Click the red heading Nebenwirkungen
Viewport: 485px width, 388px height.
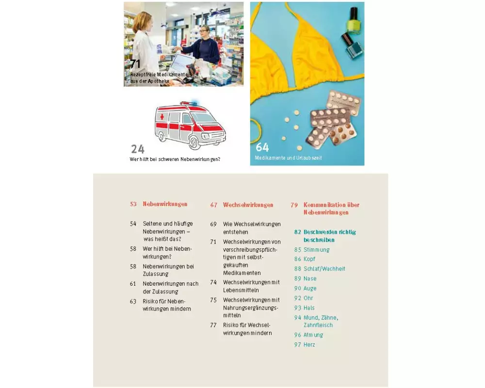tap(165, 204)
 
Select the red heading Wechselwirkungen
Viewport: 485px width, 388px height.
tap(248, 205)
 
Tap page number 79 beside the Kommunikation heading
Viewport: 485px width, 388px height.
tap(294, 205)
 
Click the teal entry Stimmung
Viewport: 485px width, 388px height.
tap(316, 250)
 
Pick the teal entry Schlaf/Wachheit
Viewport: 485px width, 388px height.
tap(324, 269)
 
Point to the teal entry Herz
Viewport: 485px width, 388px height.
tap(309, 345)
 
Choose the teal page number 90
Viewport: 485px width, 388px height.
tap(298, 289)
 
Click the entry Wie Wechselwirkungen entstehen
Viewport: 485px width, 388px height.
tap(252, 228)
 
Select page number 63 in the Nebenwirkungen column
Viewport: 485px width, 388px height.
tap(133, 301)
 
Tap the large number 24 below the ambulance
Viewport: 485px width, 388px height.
tap(138, 149)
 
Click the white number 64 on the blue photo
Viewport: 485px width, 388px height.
tap(262, 147)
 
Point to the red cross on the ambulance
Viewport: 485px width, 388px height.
tap(162, 117)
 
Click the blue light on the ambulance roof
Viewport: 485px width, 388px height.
tap(194, 102)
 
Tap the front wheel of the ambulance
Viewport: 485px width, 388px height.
tap(194, 143)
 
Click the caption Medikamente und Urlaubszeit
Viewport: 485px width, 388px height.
tap(288, 158)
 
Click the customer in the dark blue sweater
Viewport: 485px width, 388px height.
tap(204, 47)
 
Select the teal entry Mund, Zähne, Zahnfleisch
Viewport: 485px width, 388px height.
tap(321, 322)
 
